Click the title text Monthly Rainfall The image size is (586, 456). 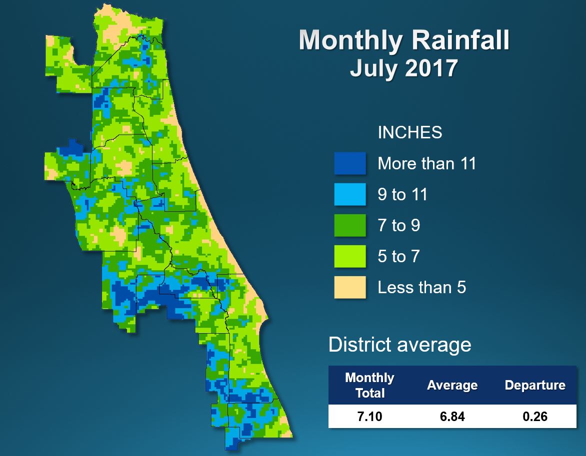pyautogui.click(x=404, y=40)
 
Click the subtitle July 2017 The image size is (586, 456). pyautogui.click(x=403, y=67)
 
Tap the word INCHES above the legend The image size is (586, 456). pyautogui.click(x=409, y=132)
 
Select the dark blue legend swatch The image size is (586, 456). pyautogui.click(x=350, y=163)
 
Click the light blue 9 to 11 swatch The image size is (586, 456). pyautogui.click(x=350, y=194)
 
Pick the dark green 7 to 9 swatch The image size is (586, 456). pyautogui.click(x=350, y=225)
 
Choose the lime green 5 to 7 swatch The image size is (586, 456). pyautogui.click(x=350, y=256)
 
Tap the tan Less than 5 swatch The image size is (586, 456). pyautogui.click(x=350, y=287)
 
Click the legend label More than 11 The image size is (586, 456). pyautogui.click(x=426, y=163)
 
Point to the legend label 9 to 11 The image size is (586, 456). pyautogui.click(x=402, y=194)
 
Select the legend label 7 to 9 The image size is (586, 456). pyautogui.click(x=398, y=226)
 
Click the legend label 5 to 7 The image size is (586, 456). pyautogui.click(x=398, y=257)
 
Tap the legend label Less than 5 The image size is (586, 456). pyautogui.click(x=421, y=288)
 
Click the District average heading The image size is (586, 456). pyautogui.click(x=399, y=345)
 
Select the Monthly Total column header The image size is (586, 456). pyautogui.click(x=369, y=385)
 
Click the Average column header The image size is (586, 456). pyautogui.click(x=452, y=386)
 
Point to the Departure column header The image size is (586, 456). pyautogui.click(x=534, y=386)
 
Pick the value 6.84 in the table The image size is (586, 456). pyautogui.click(x=451, y=416)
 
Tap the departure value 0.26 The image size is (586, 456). pyautogui.click(x=534, y=416)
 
